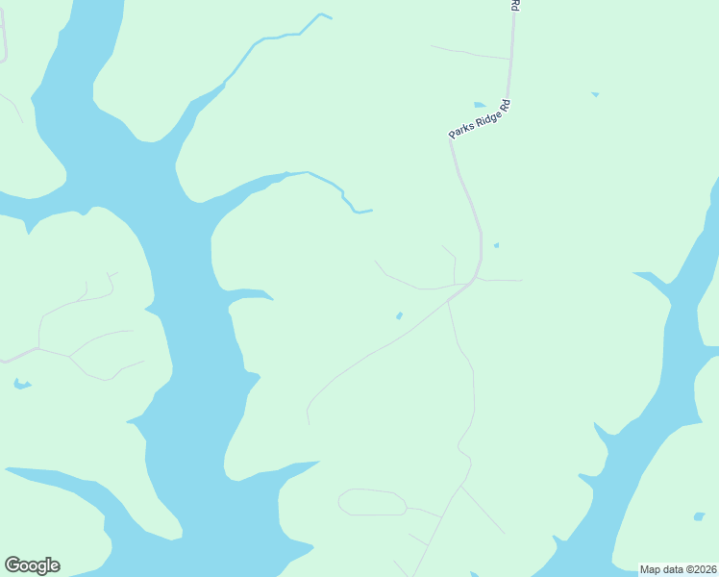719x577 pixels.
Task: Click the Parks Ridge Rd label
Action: (479, 120)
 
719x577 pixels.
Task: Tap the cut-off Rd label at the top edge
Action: (515, 5)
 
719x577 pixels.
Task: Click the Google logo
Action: (32, 565)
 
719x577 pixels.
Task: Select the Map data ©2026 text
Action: (678, 569)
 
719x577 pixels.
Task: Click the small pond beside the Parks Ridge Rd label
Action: (480, 105)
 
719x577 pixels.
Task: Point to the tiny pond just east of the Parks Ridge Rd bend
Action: (496, 245)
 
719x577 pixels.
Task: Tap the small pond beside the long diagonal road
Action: (399, 315)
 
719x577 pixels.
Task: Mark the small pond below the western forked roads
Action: (21, 385)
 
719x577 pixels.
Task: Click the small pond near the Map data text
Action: (699, 516)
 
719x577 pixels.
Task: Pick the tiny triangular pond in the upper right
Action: (595, 94)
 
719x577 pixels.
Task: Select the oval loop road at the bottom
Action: (372, 502)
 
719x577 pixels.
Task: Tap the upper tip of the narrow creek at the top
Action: (324, 14)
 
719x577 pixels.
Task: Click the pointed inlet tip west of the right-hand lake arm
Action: (636, 274)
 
